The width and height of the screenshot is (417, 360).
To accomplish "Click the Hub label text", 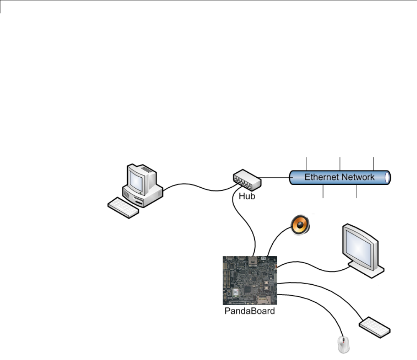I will tap(247, 195).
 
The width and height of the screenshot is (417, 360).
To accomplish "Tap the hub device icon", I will tap(247, 180).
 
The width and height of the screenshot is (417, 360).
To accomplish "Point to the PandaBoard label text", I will tap(250, 311).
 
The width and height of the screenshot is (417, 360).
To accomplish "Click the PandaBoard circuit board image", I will tap(250, 280).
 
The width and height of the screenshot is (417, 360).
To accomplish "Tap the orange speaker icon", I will tap(301, 226).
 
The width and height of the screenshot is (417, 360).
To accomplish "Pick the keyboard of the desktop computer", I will tap(123, 207).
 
